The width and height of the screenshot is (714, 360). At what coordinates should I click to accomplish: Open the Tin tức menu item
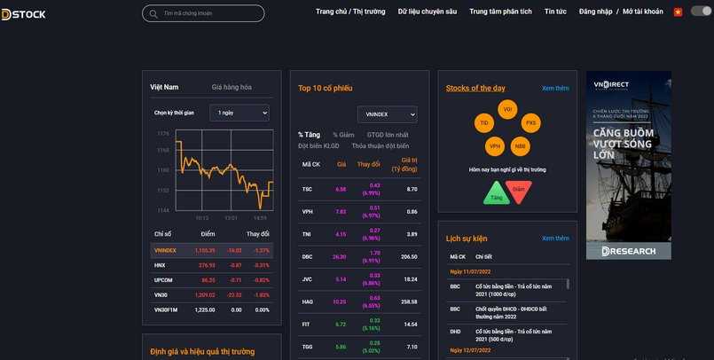tap(555, 12)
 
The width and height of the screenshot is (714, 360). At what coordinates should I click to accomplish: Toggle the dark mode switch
tap(701, 12)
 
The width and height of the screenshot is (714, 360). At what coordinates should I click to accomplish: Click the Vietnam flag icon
tap(678, 12)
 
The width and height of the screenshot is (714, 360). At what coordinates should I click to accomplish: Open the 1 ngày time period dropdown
tap(239, 113)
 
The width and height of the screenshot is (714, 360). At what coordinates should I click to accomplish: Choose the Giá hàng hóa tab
tap(231, 87)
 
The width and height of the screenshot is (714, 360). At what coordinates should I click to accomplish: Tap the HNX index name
tap(160, 265)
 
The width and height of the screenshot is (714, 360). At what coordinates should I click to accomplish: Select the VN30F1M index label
tap(167, 309)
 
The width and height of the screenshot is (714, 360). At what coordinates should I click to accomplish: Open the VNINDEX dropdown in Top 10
tap(387, 114)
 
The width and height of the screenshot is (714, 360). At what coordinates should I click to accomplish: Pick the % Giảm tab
tap(343, 135)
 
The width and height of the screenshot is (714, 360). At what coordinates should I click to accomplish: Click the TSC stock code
tap(307, 189)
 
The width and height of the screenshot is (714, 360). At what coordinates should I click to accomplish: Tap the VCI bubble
tap(507, 109)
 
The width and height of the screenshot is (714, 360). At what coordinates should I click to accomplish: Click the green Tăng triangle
tap(494, 194)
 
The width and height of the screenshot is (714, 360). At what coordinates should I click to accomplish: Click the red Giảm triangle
tap(519, 190)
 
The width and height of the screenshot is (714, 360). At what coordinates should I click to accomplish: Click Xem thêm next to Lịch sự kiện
tap(555, 239)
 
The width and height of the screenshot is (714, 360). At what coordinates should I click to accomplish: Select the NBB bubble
tap(520, 146)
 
